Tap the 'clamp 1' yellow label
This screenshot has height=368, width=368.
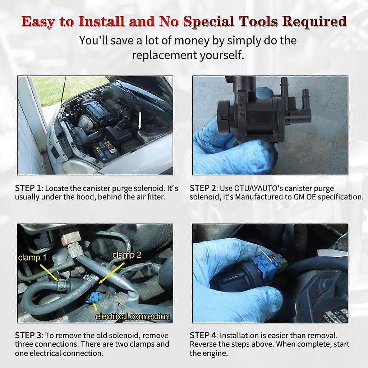tap(32, 257)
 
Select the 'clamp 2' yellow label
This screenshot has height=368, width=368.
tap(126, 254)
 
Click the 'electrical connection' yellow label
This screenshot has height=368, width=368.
tap(132, 316)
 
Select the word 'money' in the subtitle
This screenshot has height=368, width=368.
tap(192, 40)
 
